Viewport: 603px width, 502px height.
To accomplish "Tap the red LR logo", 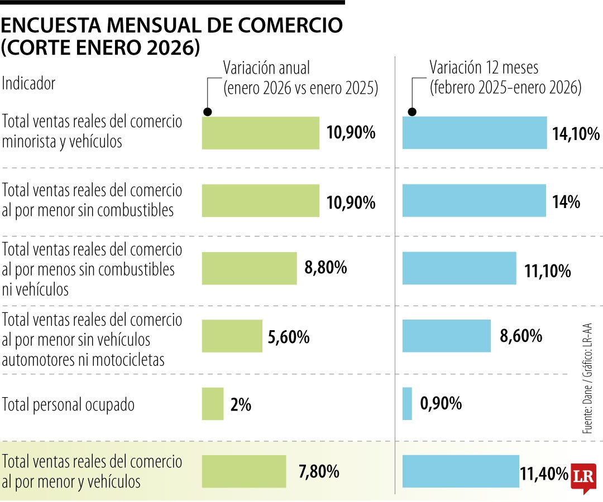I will pos(583,477).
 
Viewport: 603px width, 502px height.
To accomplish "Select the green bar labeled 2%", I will pos(213,404).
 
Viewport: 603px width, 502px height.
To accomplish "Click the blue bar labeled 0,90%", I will pos(407,404).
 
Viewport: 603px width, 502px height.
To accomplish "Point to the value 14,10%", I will pos(576,134).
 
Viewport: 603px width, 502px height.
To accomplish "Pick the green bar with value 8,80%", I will pos(249,268).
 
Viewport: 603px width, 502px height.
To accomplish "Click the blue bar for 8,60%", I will pos(446,336).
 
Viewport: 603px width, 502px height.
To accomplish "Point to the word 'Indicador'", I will pos(29,84).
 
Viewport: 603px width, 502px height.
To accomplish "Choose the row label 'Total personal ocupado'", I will pos(69,404).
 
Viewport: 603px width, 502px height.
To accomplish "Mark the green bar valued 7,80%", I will pos(243,471).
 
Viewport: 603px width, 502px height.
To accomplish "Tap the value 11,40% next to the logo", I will pos(544,474).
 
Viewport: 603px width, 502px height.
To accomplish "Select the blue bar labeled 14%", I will pos(474,201).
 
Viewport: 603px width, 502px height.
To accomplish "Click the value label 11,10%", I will pos(547,272).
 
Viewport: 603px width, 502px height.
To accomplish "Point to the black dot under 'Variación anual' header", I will pos(207,112).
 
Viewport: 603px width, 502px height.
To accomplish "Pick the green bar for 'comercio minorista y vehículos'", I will pos(260,133).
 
